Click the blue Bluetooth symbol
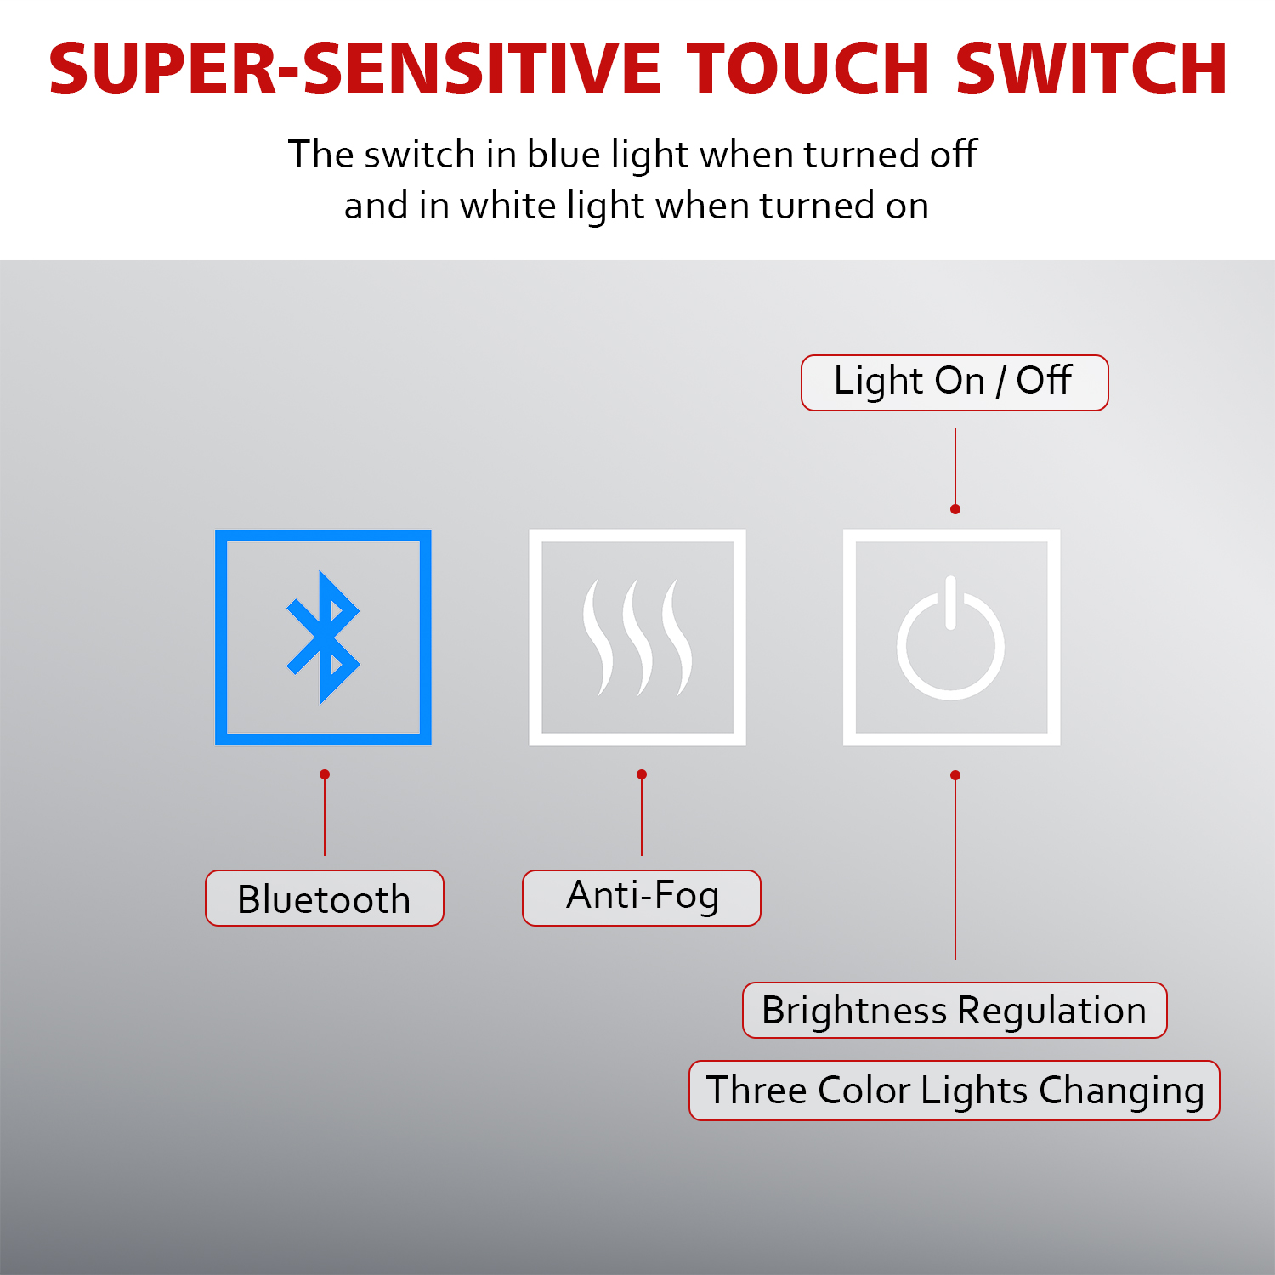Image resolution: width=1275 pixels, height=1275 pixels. point(322,637)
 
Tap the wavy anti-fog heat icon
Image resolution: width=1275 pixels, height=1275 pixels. point(637,637)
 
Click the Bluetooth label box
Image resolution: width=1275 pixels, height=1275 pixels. point(325,898)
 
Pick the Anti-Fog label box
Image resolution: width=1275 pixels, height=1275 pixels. point(642,898)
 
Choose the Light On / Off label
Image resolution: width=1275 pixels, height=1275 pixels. point(955,382)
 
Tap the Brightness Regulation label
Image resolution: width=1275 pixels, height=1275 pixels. point(955,1010)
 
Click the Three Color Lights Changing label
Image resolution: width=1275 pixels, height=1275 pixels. point(955,1091)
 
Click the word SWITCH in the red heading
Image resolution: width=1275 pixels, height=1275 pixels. point(1091,68)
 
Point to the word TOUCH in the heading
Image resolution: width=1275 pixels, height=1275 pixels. point(809,68)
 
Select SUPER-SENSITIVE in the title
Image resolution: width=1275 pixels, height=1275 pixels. point(354,68)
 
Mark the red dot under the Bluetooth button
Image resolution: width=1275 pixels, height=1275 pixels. point(325,774)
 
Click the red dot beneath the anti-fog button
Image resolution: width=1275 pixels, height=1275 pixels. point(642,774)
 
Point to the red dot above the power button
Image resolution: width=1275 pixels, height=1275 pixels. point(955,509)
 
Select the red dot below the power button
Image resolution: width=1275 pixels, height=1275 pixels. point(955,775)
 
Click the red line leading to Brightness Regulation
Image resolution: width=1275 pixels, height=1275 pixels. point(955,867)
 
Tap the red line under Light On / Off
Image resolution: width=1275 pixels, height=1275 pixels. point(955,468)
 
